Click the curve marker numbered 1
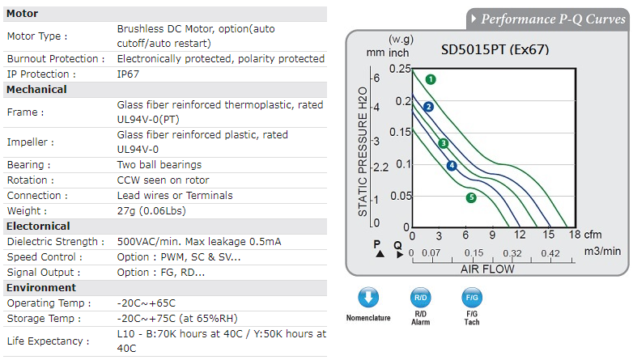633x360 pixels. tap(431, 79)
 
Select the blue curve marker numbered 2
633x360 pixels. tap(429, 107)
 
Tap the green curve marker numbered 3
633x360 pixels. tap(444, 143)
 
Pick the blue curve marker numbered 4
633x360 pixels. tap(452, 166)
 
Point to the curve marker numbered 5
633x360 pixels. tap(471, 197)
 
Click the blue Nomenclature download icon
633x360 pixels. tap(368, 297)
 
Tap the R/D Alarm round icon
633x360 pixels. tap(420, 297)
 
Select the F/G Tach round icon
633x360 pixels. tap(471, 297)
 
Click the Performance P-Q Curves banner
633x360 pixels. tap(547, 19)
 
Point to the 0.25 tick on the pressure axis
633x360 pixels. tap(400, 70)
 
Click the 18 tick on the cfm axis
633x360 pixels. tap(575, 235)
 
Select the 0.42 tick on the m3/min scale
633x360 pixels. tap(550, 253)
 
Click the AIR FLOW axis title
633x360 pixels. tap(487, 269)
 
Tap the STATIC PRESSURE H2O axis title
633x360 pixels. tap(363, 151)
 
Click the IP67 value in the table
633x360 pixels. tap(130, 74)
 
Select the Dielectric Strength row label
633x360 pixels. tap(56, 242)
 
